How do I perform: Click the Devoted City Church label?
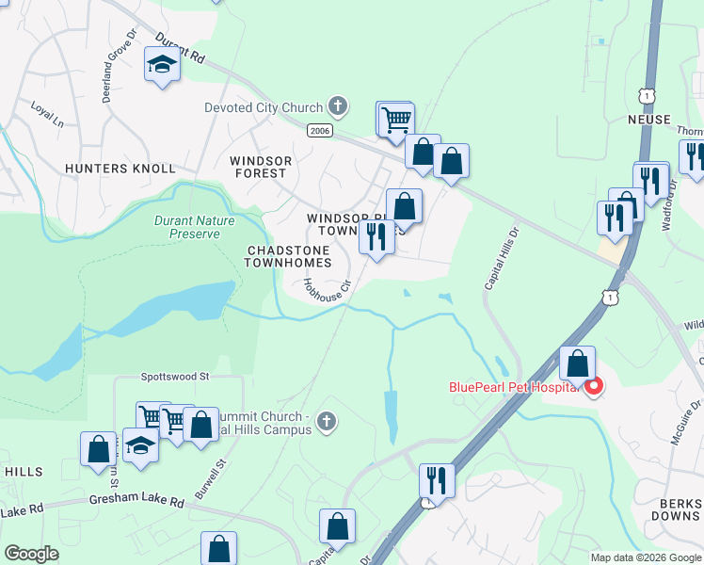[x=264, y=107]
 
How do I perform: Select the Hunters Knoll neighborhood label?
[x=120, y=169]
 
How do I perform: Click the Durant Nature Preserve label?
[x=187, y=227]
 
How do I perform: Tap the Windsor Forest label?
[x=259, y=167]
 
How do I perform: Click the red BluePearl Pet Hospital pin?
[x=593, y=386]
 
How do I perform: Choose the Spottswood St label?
[x=174, y=376]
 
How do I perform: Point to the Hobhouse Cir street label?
[x=327, y=289]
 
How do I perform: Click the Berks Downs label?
[x=676, y=508]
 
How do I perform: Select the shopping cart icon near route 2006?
[x=396, y=119]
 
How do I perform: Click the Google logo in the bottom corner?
[x=31, y=554]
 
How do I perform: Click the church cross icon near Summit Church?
[x=326, y=421]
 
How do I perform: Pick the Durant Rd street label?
[x=181, y=50]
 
